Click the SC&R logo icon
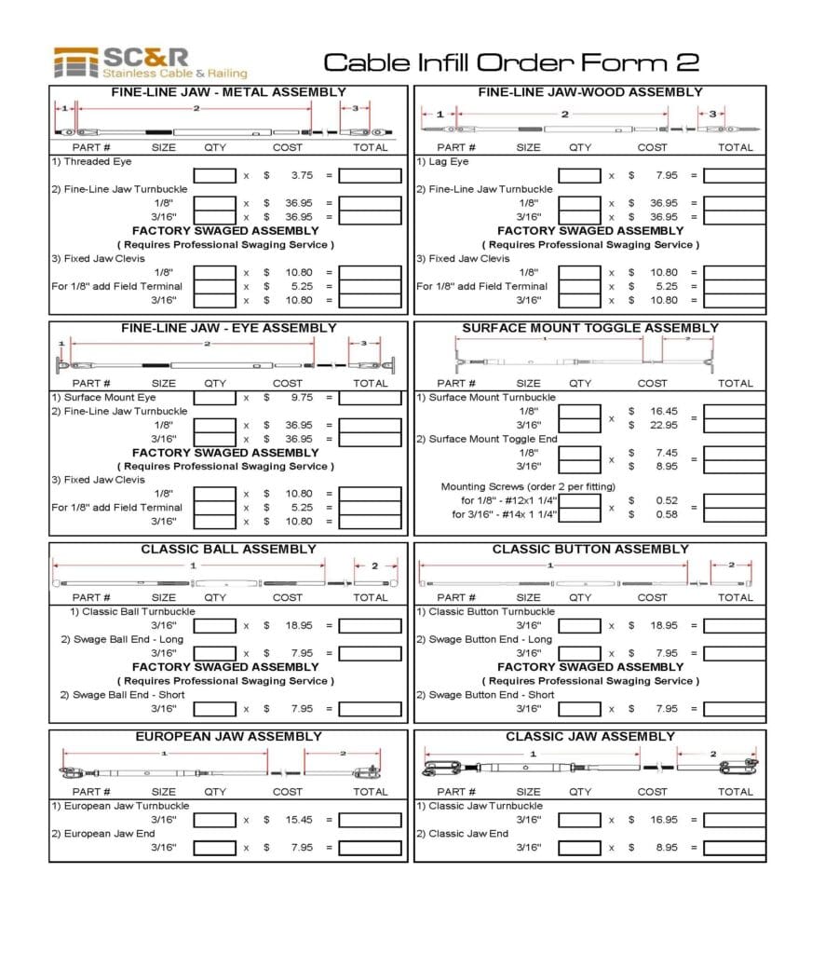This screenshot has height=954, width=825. point(76,62)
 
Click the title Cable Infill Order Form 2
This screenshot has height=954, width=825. point(511,62)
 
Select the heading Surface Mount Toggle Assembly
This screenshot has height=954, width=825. point(590,328)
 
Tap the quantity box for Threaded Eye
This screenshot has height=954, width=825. point(215,175)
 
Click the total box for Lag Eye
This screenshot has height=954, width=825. point(735,175)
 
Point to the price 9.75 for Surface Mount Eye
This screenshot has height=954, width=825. point(301,398)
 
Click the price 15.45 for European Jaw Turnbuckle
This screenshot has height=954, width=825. point(301,820)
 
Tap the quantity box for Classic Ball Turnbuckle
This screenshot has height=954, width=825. point(215,626)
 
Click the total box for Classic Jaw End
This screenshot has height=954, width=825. point(735,848)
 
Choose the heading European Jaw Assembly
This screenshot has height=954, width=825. point(228,736)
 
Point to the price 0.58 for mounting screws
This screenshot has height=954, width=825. point(667,514)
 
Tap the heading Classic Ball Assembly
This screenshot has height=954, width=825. point(228,549)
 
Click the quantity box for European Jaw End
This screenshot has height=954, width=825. point(215,848)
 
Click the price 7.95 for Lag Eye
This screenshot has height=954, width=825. point(666,175)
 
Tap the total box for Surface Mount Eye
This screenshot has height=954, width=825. point(370,398)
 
